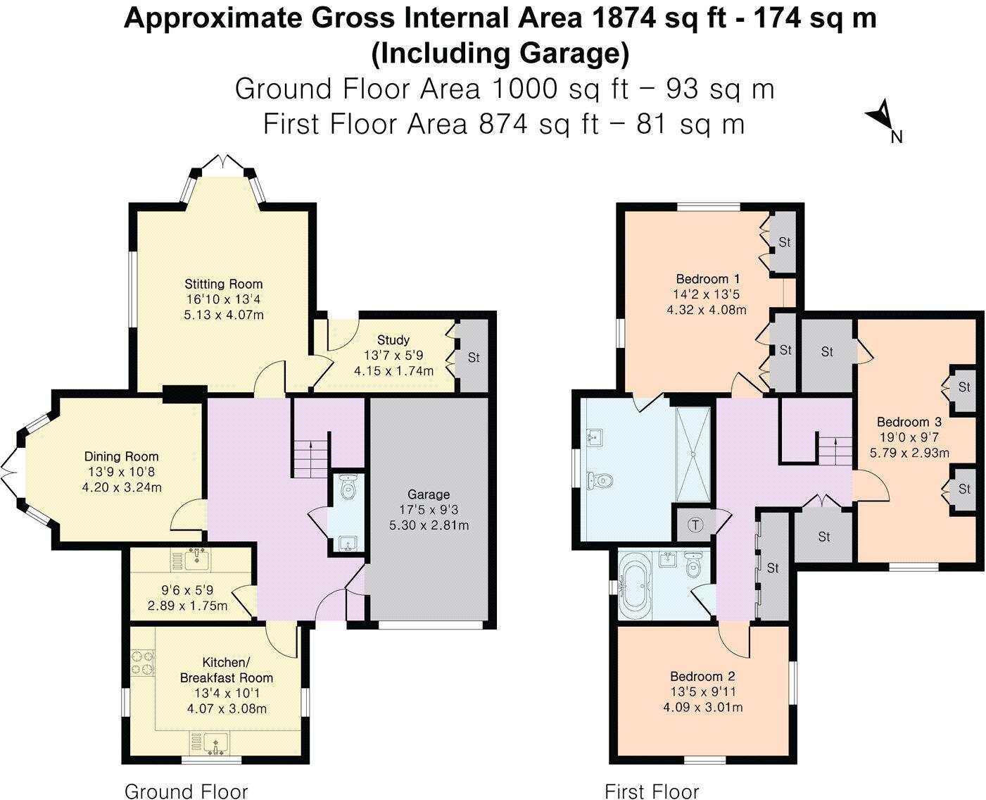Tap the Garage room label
tap(428, 494)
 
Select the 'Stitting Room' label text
tap(224, 284)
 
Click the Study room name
tap(393, 340)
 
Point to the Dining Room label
tap(121, 457)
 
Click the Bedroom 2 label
tap(702, 677)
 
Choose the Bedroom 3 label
tap(909, 422)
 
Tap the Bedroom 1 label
tap(708, 279)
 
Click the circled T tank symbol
tap(695, 525)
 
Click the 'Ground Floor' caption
tap(186, 792)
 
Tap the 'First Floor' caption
tap(652, 792)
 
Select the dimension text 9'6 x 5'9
tap(187, 590)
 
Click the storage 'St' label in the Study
tap(474, 358)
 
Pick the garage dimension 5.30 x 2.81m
tap(429, 525)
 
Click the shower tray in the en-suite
tap(693, 454)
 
